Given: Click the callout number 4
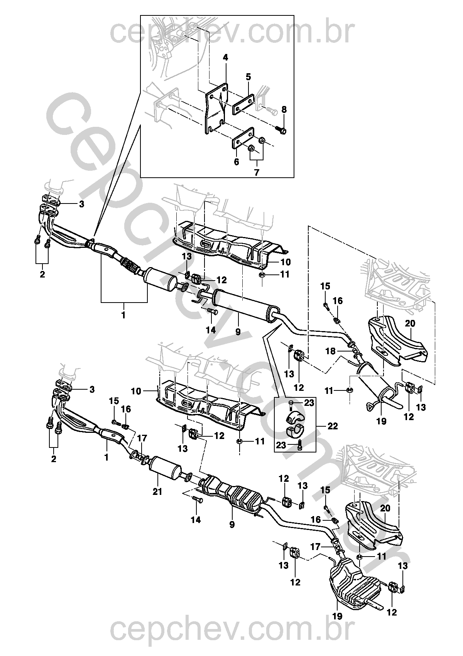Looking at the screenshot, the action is coord(225,58).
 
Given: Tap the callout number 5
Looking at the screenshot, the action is coord(248,77).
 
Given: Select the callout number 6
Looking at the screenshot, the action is coord(237,161).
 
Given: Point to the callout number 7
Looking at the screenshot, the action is coord(257,173).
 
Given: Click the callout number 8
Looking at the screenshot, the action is coord(284,109).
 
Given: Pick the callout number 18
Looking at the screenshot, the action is coord(330,351).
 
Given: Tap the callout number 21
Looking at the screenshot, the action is coord(157,492).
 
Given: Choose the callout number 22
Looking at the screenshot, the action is coord(333,426).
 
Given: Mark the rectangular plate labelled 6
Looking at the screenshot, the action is coord(243,138).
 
